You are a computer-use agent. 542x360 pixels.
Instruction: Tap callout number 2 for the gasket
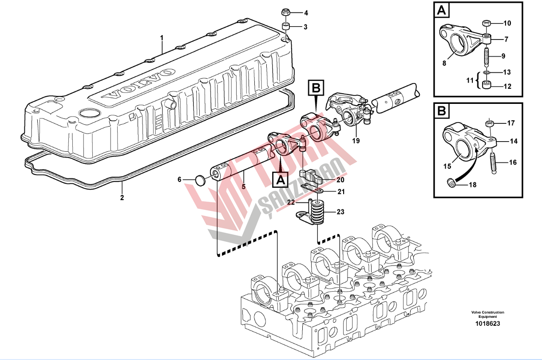pyautogui.click(x=122, y=197)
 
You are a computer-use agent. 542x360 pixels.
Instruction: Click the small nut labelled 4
pyautogui.click(x=286, y=12)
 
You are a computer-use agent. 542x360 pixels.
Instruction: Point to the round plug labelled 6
pyautogui.click(x=201, y=180)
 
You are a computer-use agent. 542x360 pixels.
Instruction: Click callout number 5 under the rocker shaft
pyautogui.click(x=243, y=186)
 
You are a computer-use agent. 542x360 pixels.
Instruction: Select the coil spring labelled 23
pyautogui.click(x=317, y=212)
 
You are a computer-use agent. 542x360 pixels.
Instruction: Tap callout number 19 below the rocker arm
pyautogui.click(x=356, y=141)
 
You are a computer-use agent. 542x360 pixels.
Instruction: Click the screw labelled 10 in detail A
pyautogui.click(x=487, y=23)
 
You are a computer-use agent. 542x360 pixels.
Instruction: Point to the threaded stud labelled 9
pyautogui.click(x=487, y=57)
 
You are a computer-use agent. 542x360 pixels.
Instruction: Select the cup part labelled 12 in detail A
pyautogui.click(x=487, y=85)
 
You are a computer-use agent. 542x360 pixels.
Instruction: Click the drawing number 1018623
pyautogui.click(x=486, y=324)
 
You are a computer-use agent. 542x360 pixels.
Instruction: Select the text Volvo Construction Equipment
pyautogui.click(x=488, y=315)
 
